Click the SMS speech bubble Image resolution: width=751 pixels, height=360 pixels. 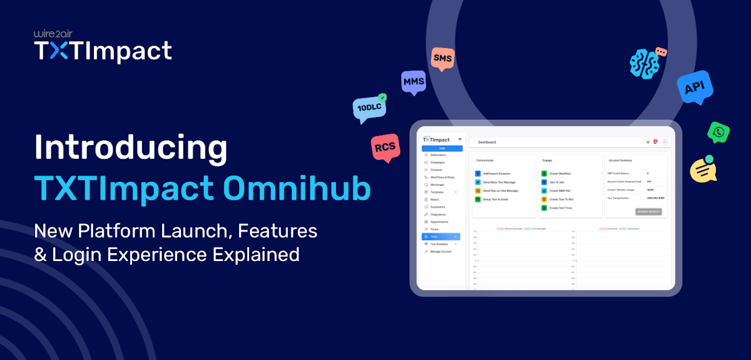[442, 59]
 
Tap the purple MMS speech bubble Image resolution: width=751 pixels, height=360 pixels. [413, 82]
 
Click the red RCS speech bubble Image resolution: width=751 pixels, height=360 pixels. [384, 148]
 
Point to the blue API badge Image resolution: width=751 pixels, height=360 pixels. [695, 88]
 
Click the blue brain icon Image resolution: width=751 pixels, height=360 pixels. [646, 63]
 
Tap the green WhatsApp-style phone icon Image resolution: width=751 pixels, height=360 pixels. [719, 132]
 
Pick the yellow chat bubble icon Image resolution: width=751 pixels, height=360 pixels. [702, 169]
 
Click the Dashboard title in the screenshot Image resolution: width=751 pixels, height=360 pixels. [488, 142]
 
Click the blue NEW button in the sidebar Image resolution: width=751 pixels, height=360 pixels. [442, 148]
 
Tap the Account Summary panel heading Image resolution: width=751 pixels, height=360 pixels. [620, 160]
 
